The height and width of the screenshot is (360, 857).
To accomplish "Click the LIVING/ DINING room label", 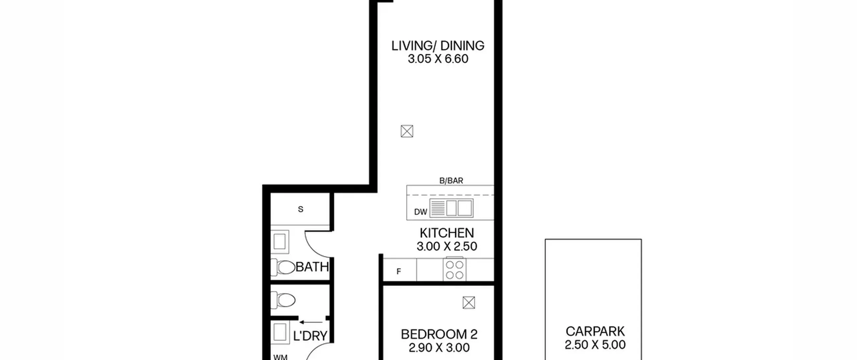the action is point(438,46).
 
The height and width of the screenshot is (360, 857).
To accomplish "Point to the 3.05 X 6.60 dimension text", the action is point(438,59).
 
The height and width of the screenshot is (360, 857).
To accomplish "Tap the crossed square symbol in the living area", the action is point(407,131).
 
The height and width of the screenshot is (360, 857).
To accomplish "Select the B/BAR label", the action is point(451,181).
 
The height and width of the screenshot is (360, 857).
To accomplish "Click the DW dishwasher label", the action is point(420,212).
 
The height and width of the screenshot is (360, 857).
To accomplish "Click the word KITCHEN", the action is point(447,233).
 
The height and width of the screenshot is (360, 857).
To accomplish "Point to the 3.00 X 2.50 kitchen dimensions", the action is point(447,246).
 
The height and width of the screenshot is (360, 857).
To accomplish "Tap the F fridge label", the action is point(399,272).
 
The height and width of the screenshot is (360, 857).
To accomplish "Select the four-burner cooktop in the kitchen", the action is point(455,269).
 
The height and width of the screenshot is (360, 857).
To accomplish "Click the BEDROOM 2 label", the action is point(439,334).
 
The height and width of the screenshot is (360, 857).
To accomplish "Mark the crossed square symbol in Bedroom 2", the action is point(469,303).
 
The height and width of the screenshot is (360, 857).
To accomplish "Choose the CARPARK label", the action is point(595,331).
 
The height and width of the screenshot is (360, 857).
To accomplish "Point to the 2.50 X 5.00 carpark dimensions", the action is point(595,345).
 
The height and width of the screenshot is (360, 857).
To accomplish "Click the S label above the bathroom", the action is point(301,209).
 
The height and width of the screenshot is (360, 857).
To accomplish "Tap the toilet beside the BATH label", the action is point(283,267).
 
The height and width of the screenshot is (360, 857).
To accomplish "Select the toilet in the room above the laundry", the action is point(283,300).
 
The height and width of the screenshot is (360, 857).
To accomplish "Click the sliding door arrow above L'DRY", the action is point(311,322).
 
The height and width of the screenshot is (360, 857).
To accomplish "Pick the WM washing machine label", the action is point(280,357).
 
